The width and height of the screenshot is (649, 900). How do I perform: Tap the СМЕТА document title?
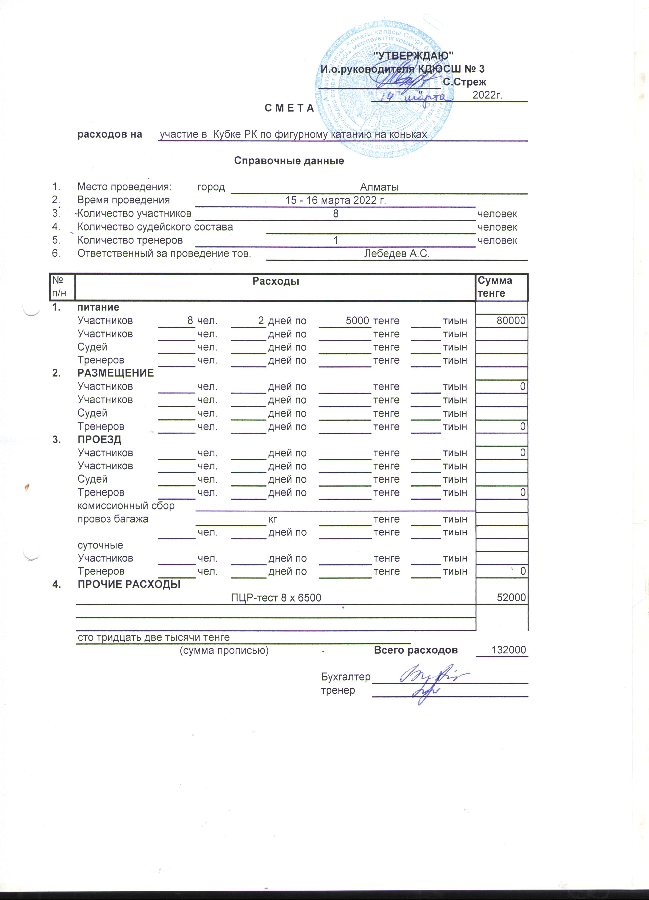[x=289, y=108]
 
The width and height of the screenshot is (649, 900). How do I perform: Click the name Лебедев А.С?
[x=397, y=253]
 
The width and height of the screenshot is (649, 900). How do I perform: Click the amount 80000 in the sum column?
[x=511, y=321]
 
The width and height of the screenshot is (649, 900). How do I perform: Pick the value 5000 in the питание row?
[x=357, y=321]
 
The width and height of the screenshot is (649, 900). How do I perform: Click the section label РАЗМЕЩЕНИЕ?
[x=116, y=373]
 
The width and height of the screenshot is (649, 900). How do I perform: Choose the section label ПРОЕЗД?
[x=99, y=439]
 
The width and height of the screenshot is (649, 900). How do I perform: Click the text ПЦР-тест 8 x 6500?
[x=276, y=598]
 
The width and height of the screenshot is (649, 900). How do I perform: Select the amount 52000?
[x=511, y=598]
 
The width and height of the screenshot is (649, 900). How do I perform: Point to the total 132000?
[x=509, y=650]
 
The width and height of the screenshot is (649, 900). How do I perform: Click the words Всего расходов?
[x=416, y=650]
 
